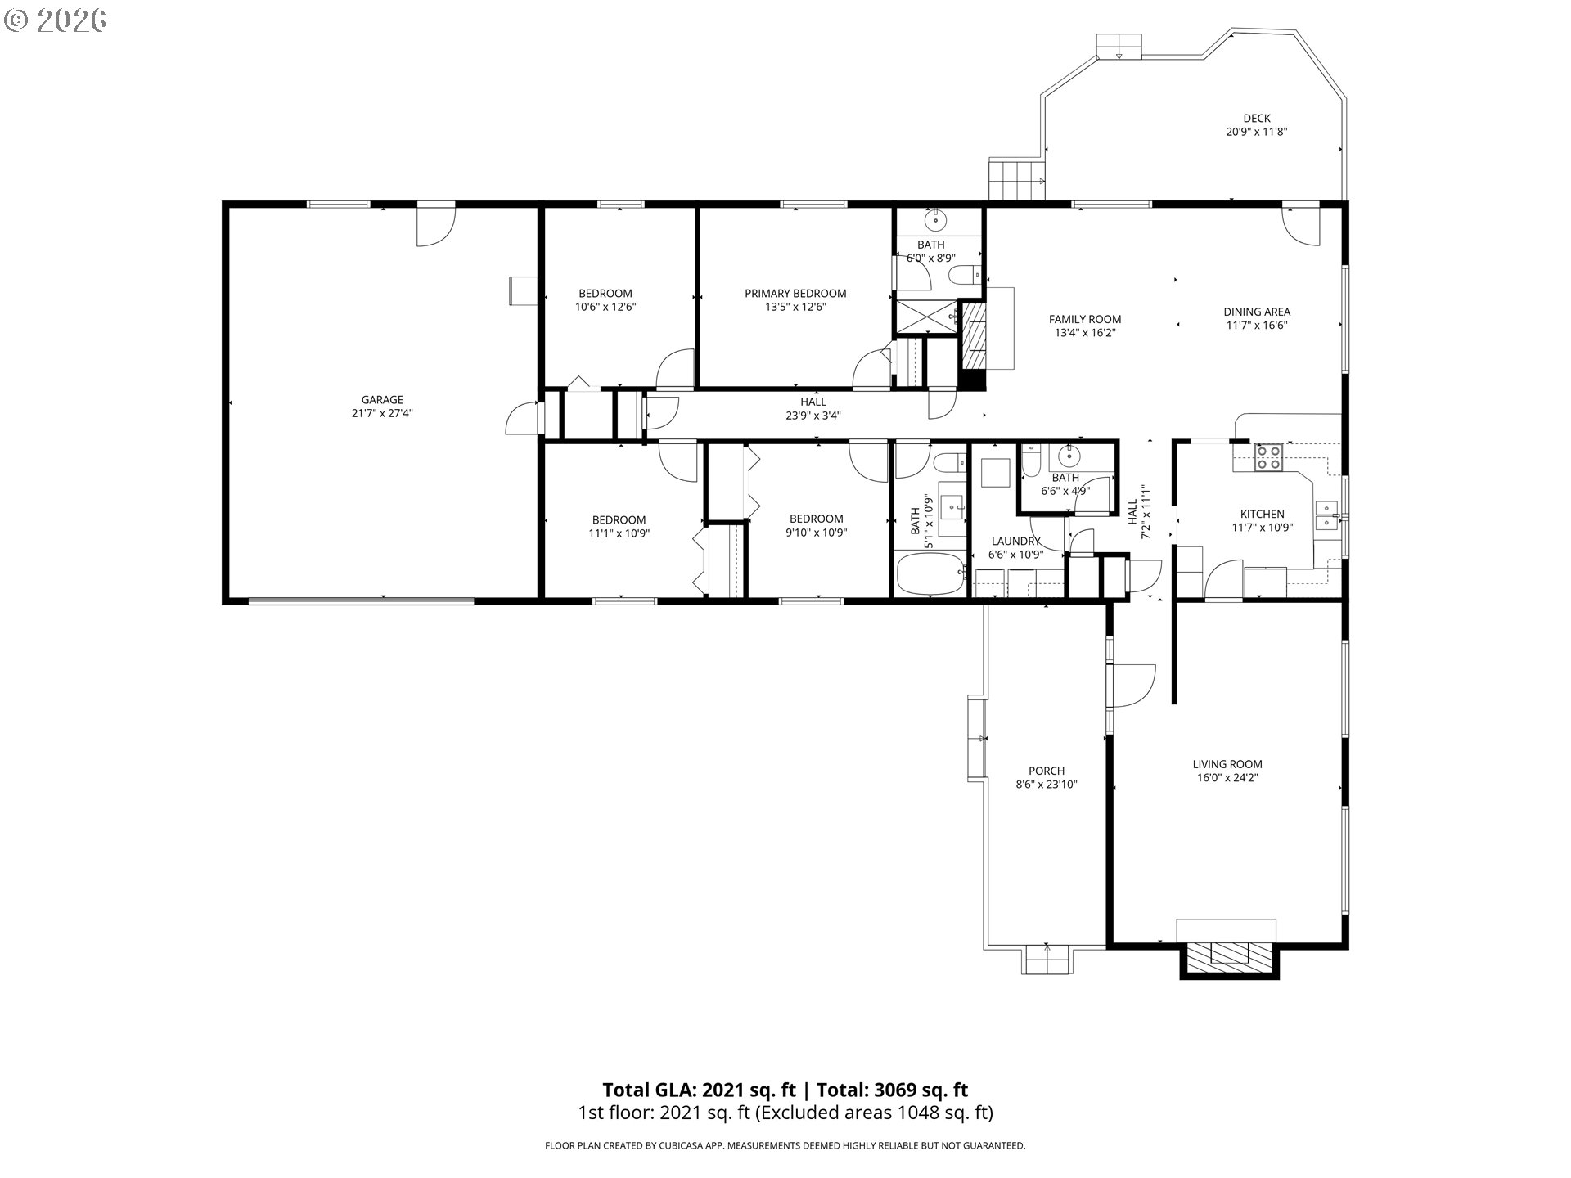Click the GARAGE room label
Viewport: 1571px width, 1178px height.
(x=382, y=400)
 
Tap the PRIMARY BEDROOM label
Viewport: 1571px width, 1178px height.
(x=795, y=294)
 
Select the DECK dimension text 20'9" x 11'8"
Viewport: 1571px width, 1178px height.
(x=1257, y=132)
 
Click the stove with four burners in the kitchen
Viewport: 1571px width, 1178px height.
(x=1269, y=457)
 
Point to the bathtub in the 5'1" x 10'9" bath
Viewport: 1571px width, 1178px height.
(x=931, y=574)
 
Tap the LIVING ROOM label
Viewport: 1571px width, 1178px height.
(x=1227, y=765)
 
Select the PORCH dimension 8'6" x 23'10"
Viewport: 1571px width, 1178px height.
(x=1047, y=785)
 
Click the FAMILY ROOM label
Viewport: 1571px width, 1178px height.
(x=1085, y=320)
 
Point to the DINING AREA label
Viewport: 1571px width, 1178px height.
(x=1257, y=312)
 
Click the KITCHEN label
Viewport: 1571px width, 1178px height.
(x=1263, y=515)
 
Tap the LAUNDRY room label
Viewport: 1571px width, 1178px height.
(x=1015, y=542)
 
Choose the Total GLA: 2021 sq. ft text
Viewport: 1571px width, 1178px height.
(x=700, y=1090)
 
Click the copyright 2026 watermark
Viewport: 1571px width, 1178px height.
(x=56, y=20)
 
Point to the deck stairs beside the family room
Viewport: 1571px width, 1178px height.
(x=1017, y=179)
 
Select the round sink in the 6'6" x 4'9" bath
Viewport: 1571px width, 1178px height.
(x=1068, y=456)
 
